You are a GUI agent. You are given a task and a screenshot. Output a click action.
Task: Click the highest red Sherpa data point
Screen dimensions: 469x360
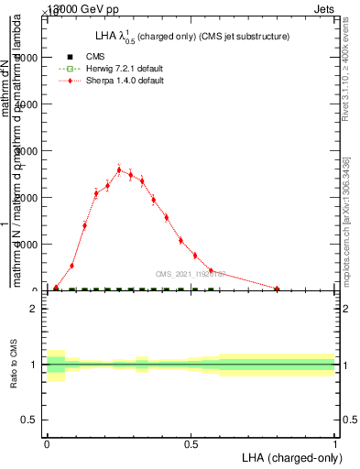(119, 169)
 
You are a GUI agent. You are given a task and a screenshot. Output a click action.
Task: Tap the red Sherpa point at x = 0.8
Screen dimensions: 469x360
(277, 289)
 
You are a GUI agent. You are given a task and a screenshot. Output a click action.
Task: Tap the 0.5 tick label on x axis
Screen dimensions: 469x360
(191, 442)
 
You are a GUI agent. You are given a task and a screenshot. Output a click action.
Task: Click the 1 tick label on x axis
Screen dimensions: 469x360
(335, 442)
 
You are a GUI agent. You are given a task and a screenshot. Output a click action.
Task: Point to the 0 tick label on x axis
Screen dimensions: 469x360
(47, 442)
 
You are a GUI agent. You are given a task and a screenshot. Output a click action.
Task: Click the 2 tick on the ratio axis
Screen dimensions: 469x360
(34, 309)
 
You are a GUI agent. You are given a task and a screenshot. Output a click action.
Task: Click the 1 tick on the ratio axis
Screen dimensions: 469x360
(34, 365)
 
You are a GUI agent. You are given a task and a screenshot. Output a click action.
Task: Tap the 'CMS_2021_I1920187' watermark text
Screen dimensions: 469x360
(190, 274)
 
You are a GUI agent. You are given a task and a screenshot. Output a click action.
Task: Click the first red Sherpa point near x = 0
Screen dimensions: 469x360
(56, 288)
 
